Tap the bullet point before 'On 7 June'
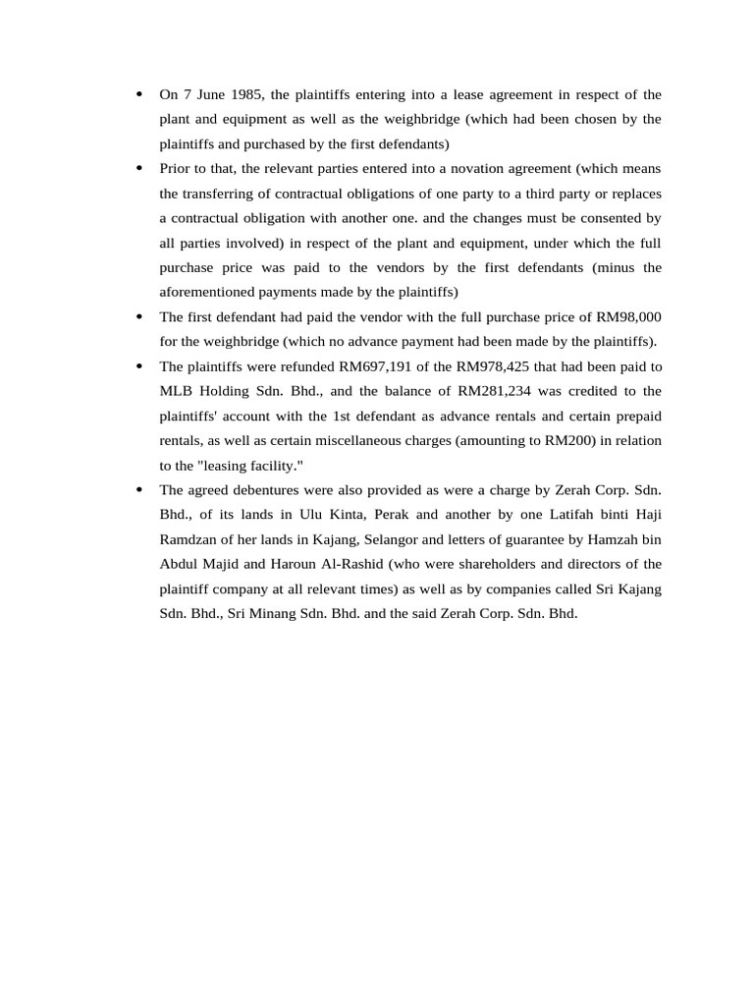(x=138, y=94)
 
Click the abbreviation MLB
(x=176, y=390)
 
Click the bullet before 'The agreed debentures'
(x=138, y=489)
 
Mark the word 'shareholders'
(x=455, y=564)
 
